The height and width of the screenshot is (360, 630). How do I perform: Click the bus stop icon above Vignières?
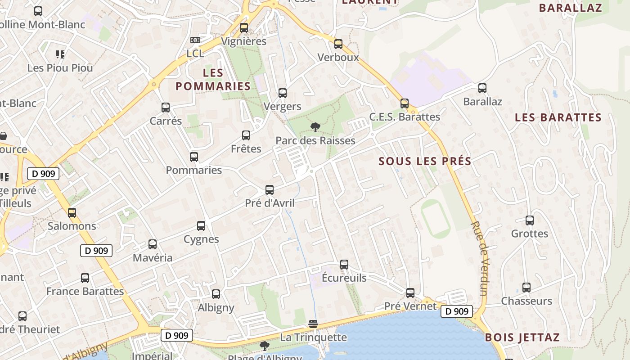[244, 27]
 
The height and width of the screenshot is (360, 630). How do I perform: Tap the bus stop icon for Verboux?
[338, 44]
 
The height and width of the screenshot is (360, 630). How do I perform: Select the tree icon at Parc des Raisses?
[315, 127]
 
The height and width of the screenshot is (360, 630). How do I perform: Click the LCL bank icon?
[195, 40]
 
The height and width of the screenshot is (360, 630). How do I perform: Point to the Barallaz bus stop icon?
[482, 88]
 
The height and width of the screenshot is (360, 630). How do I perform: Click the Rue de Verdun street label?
[480, 258]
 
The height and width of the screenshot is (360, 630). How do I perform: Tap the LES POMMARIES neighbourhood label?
[213, 79]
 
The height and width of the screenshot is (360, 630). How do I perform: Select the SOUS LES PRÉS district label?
[425, 161]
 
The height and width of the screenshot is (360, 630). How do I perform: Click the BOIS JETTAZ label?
[522, 337]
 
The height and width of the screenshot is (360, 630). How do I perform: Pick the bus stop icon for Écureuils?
[344, 264]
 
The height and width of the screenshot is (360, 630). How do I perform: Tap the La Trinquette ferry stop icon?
[313, 324]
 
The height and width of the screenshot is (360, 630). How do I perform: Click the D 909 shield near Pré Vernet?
[457, 311]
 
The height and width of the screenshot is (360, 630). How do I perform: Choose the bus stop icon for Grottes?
[530, 220]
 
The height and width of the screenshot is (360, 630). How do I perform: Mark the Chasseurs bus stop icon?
[526, 287]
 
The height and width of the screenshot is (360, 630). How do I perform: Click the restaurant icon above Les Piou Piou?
[60, 54]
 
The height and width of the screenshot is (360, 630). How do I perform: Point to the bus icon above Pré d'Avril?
[270, 189]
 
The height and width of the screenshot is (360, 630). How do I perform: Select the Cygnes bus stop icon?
[201, 225]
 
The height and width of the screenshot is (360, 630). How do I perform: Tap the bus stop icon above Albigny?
[216, 294]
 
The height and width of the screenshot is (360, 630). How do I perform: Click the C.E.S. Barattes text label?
[405, 117]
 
